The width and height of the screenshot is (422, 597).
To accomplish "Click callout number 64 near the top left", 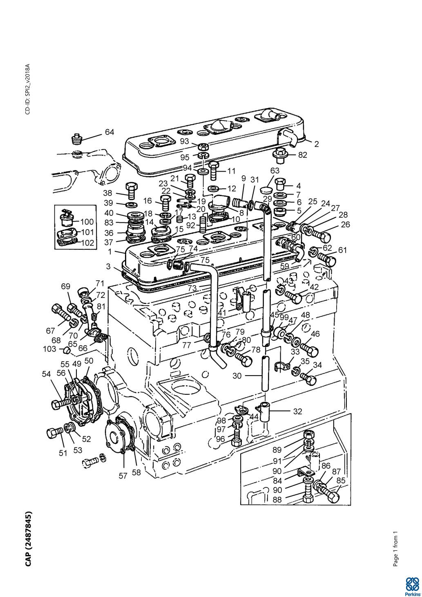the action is tap(109, 132).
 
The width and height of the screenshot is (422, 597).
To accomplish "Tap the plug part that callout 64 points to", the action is tap(77, 139).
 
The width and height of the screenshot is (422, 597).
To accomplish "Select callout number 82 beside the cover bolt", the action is tap(302, 155).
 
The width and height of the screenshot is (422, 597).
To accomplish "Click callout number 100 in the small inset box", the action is tap(87, 222).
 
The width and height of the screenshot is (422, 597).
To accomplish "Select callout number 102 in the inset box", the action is tap(87, 243).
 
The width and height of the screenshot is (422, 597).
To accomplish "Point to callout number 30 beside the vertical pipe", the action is tap(237, 376).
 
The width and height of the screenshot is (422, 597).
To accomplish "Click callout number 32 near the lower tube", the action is tap(297, 411).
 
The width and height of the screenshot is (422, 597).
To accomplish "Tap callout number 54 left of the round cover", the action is tap(46, 374).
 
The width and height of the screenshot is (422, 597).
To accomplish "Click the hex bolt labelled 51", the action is tap(55, 433).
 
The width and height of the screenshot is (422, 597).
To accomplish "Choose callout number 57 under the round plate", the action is tap(123, 476).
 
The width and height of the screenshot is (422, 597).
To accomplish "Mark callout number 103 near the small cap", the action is tap(49, 349).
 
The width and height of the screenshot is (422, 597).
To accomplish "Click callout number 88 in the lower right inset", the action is tap(277, 500).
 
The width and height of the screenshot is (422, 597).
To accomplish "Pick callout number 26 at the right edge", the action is tap(345, 225).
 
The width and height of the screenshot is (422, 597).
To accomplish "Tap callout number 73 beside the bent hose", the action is tap(192, 288).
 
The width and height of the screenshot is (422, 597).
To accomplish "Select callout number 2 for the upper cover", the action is tap(317, 144).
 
